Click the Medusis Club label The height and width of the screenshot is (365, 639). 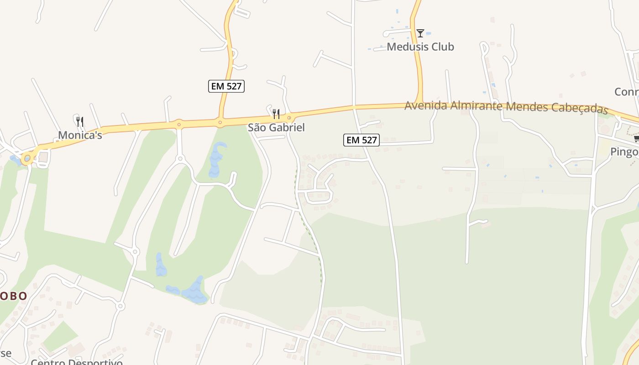point(420,47)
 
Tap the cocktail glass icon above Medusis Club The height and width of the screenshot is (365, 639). point(420,33)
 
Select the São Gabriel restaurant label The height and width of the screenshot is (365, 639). point(276,127)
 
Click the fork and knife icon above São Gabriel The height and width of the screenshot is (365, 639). point(276,114)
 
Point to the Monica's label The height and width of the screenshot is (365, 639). point(80,135)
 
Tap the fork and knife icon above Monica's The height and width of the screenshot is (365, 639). point(80,121)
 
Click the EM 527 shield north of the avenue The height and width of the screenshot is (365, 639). point(226,86)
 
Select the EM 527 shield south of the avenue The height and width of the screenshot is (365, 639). point(361,140)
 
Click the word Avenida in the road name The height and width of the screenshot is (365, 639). point(426,105)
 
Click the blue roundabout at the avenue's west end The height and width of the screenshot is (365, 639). point(27,158)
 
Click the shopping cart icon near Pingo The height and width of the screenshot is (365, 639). point(636,139)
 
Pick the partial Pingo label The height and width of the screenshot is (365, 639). point(624,152)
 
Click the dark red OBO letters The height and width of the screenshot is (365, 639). point(13,296)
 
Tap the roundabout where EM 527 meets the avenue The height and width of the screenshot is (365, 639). point(220,122)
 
